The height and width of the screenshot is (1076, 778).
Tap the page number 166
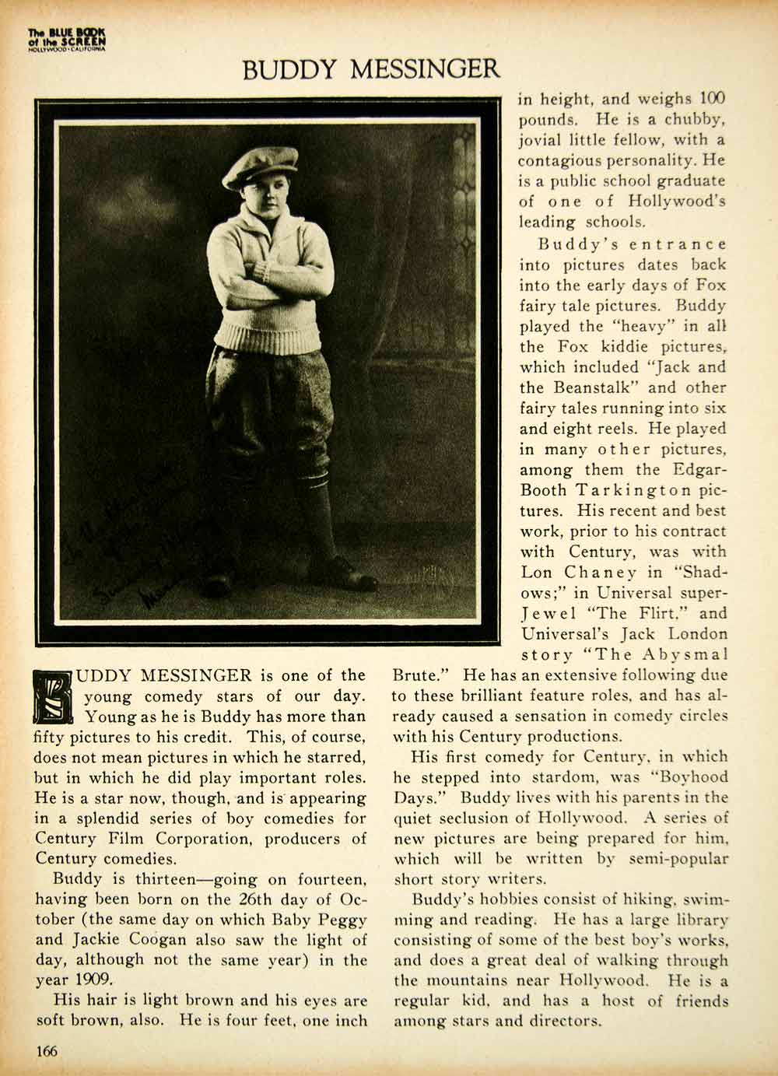pos(47,1051)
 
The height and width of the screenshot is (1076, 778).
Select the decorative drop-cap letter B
pos(54,695)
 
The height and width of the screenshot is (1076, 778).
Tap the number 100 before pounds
pos(712,100)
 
